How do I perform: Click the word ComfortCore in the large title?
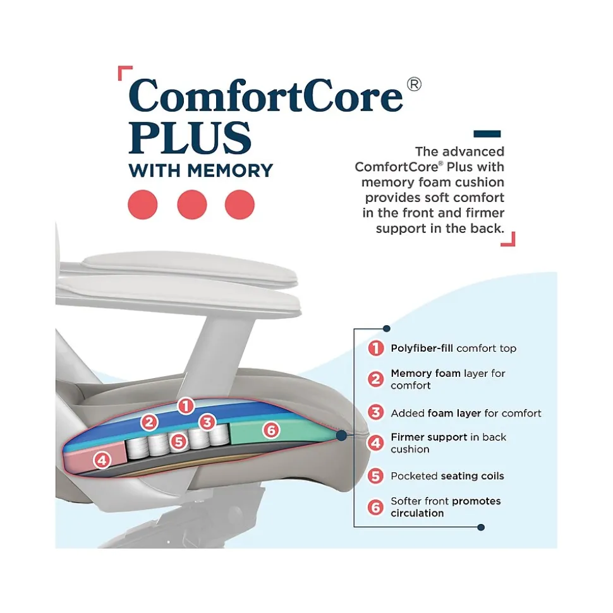tap(265, 96)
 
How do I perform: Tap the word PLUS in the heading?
tap(190, 138)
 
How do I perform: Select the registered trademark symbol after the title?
tap(414, 85)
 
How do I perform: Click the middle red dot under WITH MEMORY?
tap(191, 205)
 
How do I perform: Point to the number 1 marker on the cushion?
tap(185, 406)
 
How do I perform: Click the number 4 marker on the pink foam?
tap(102, 460)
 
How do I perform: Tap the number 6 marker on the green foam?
tap(270, 431)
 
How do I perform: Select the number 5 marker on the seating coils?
tap(179, 442)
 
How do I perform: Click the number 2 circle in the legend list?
tap(376, 379)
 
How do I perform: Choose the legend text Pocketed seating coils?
tap(447, 476)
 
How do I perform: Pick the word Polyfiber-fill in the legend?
tap(422, 348)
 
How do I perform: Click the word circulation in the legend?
tap(417, 513)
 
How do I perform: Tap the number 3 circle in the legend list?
tap(376, 414)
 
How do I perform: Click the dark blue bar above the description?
tap(487, 134)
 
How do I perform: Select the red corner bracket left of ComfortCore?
tap(123, 72)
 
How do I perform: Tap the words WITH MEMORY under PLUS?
tap(201, 170)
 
